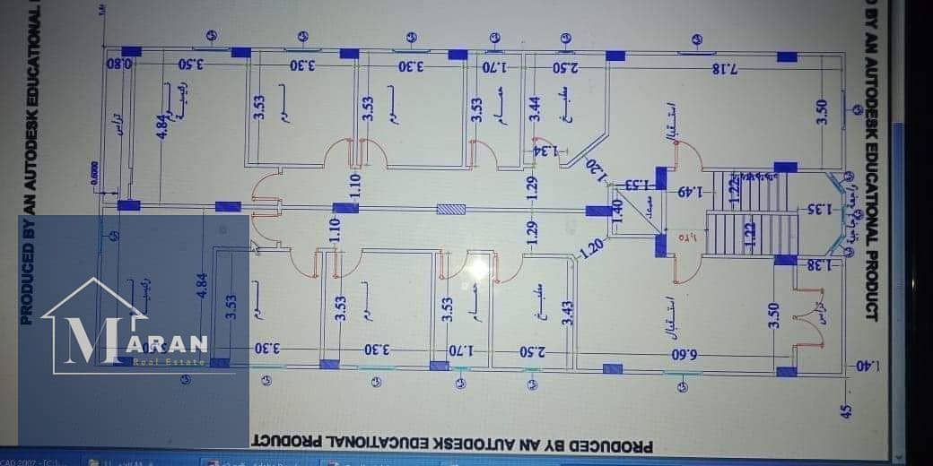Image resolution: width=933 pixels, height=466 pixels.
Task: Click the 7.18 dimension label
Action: click(x=725, y=69)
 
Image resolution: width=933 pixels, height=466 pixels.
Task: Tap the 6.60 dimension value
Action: click(x=685, y=352)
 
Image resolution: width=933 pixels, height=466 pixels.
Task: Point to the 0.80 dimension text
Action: click(x=119, y=65)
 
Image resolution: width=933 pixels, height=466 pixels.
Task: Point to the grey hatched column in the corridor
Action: click(x=451, y=210)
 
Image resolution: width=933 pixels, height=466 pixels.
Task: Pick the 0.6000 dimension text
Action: click(x=95, y=173)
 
